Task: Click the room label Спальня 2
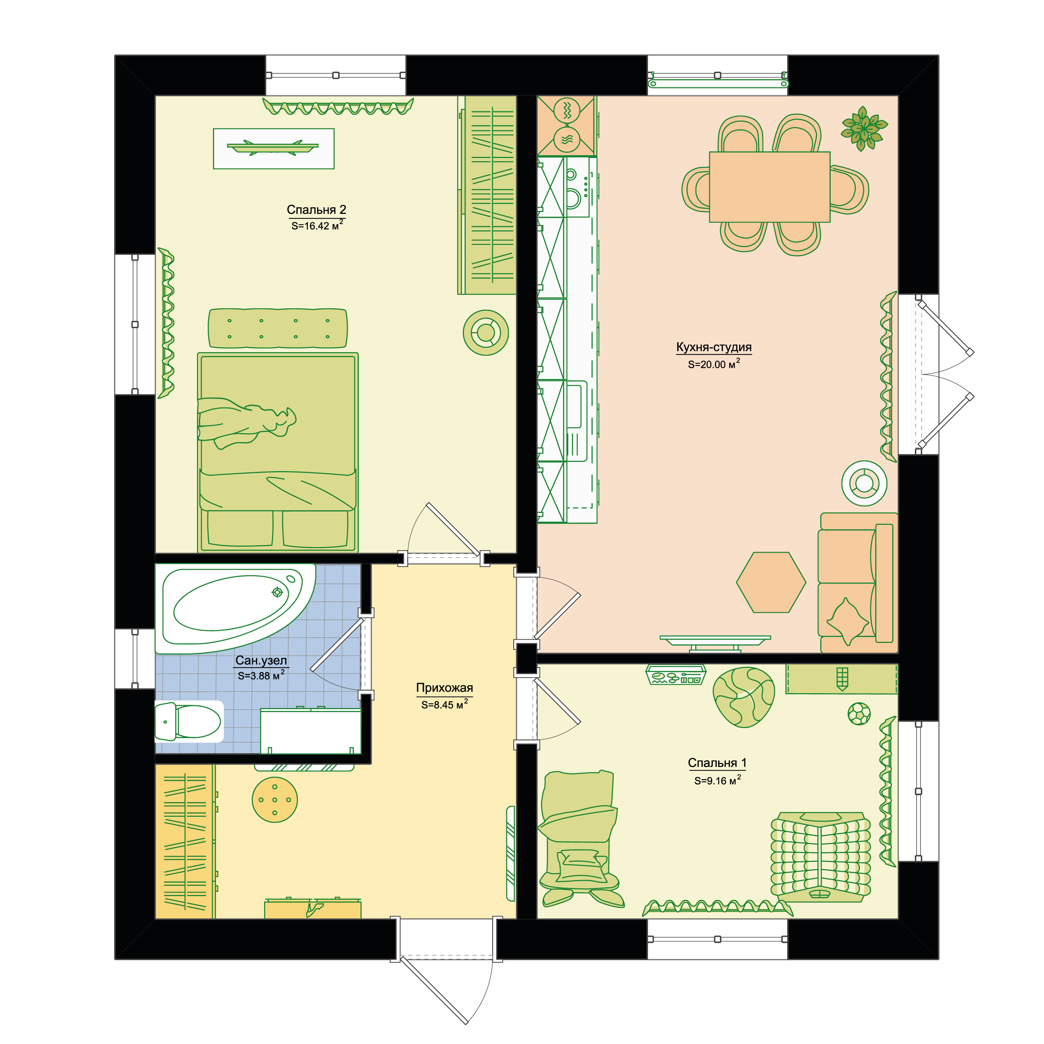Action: pos(316,209)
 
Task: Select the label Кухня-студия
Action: pos(714,347)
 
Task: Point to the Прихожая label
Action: pos(444,688)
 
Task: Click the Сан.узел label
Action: pos(261,661)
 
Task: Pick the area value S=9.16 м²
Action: pos(717,780)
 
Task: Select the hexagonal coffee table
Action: pos(771,582)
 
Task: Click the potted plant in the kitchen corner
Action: pos(863,128)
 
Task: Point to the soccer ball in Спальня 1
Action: pos(859,713)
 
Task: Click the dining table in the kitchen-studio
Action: pos(769,187)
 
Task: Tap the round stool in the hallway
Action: pos(275,800)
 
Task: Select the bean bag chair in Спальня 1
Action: pos(744,697)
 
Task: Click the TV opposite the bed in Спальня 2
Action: pos(274,149)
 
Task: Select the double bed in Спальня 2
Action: pos(278,452)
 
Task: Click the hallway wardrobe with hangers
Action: pos(185,841)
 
